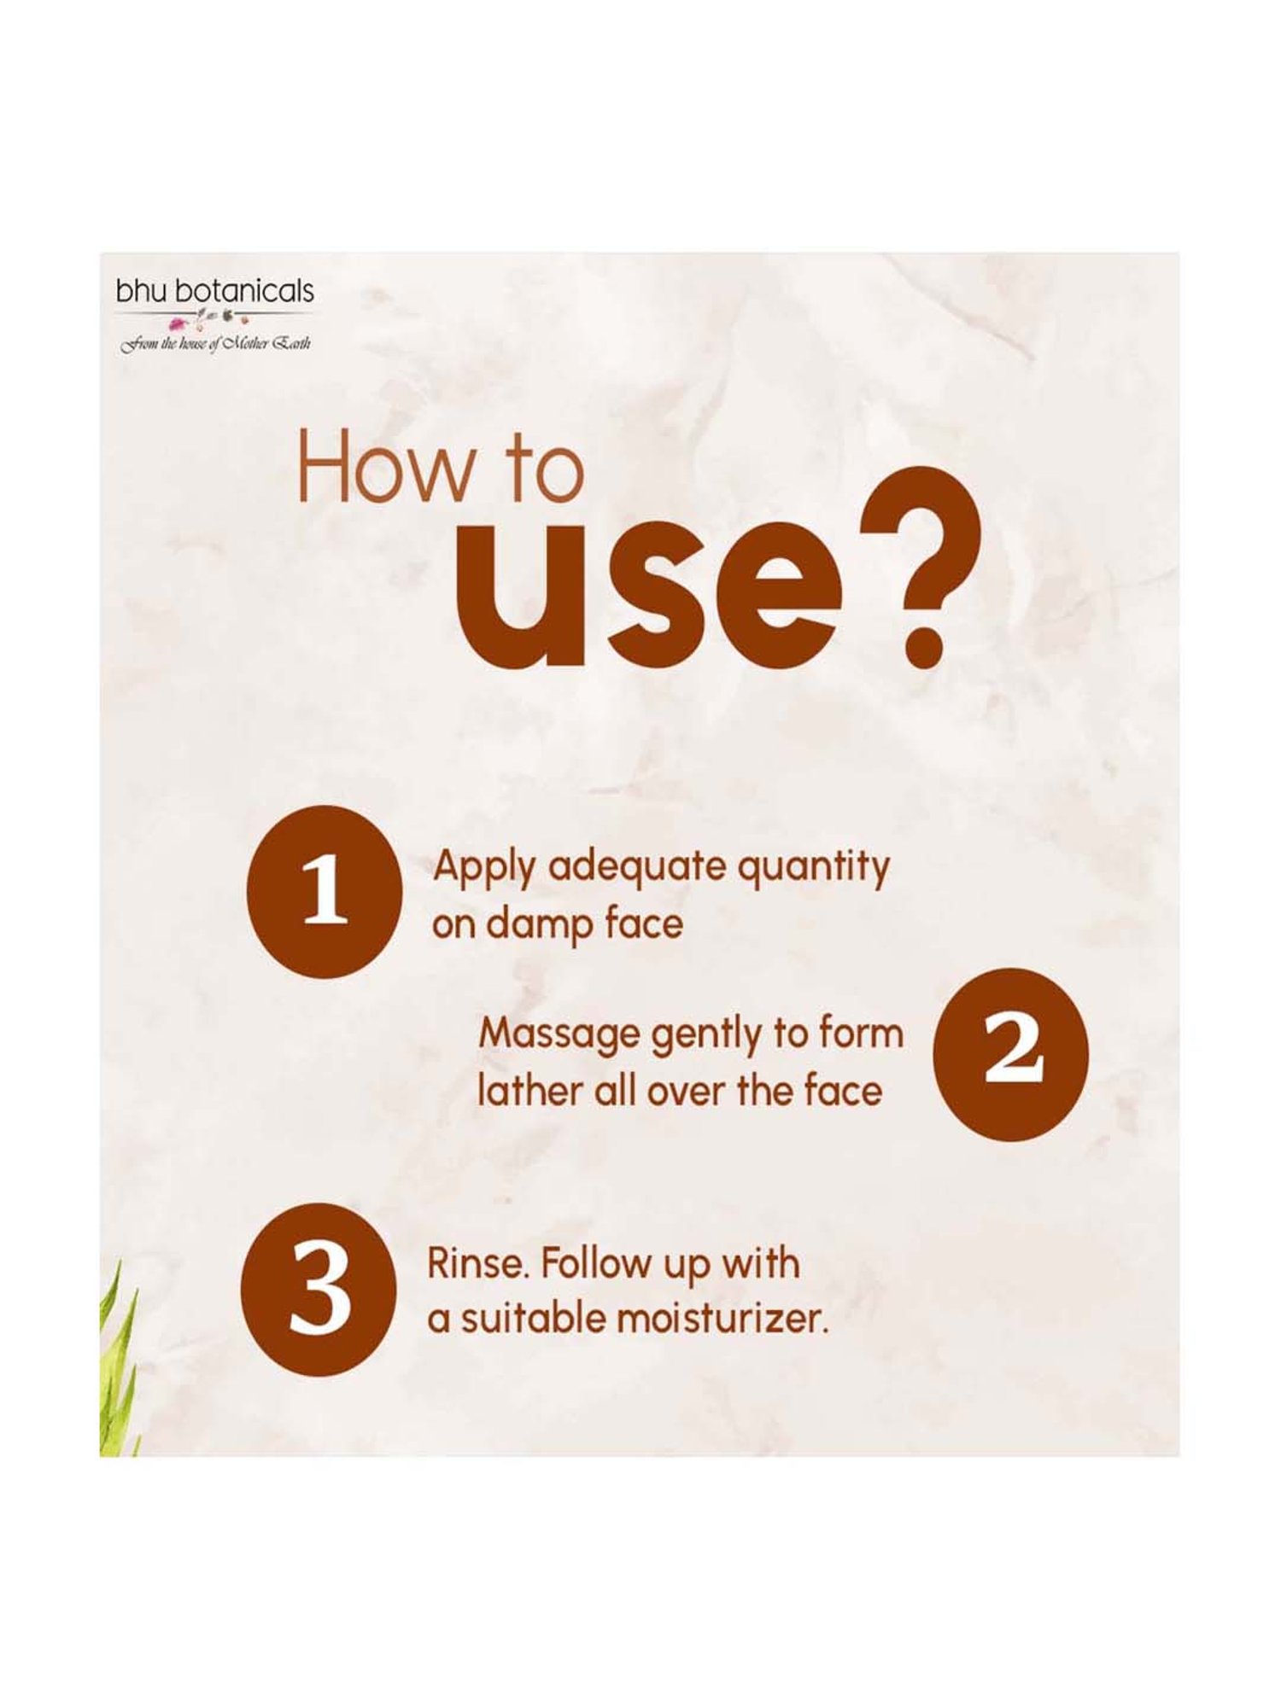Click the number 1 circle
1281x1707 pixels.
click(325, 892)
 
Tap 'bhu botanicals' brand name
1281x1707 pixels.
click(215, 292)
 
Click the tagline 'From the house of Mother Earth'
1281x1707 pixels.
click(215, 344)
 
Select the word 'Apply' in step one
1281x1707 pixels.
click(485, 869)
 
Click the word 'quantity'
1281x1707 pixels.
click(813, 869)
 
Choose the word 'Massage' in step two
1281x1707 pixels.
click(559, 1036)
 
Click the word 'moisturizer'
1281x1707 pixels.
click(722, 1320)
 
